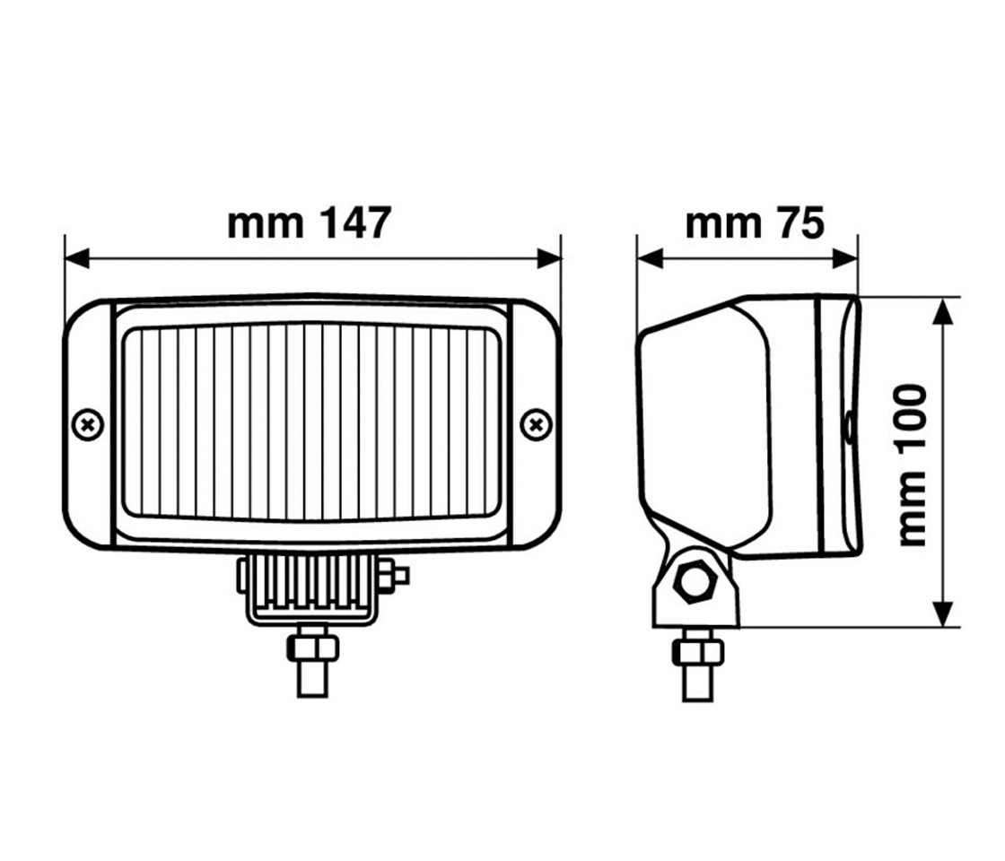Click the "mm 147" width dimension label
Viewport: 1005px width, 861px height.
(x=309, y=223)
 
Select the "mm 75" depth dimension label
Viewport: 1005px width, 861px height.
(x=754, y=223)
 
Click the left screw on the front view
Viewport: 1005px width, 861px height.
(x=87, y=423)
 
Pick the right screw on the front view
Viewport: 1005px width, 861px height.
(x=536, y=423)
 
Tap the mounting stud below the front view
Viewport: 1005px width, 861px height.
(x=312, y=677)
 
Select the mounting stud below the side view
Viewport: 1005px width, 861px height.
(x=697, y=682)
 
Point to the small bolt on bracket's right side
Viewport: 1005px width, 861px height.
(x=395, y=576)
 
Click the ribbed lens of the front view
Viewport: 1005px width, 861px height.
(x=311, y=422)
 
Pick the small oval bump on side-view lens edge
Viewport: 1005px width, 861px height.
(x=847, y=427)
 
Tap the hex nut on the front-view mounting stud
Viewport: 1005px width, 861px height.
(x=312, y=648)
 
